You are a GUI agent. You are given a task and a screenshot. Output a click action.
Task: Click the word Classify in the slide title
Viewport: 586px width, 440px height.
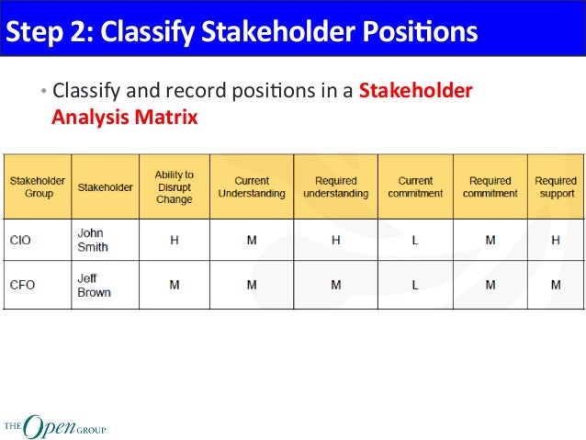click(143, 32)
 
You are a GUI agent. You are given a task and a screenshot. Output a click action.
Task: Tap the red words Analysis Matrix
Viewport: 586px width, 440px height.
click(124, 118)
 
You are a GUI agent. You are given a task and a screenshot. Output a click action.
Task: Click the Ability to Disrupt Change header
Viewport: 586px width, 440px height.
click(174, 187)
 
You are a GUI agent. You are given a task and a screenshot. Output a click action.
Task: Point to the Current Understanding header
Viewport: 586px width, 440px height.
click(251, 187)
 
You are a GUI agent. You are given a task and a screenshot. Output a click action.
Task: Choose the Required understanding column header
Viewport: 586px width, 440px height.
click(335, 187)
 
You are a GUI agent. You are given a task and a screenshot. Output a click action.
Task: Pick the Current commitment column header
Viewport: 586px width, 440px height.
click(415, 187)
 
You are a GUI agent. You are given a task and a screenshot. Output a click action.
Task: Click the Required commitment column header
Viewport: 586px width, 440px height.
click(490, 187)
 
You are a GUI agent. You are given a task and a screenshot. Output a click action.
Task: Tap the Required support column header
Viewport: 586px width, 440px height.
click(556, 187)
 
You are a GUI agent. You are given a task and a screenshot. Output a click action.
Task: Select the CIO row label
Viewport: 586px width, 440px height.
click(21, 240)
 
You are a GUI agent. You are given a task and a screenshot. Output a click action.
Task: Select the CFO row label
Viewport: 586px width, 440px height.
click(22, 285)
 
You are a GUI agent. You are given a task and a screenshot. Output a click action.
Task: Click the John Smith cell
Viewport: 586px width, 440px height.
click(92, 240)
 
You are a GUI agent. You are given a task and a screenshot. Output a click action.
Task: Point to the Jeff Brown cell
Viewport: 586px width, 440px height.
click(94, 285)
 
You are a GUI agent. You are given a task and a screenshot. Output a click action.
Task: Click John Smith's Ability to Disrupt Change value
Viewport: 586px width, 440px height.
click(174, 240)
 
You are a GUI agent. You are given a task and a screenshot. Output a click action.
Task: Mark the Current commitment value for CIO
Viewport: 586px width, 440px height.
click(415, 240)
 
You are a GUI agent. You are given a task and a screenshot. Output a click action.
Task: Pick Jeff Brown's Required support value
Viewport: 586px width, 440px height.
click(556, 285)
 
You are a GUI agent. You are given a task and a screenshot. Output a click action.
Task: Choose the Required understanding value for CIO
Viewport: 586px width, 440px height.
click(335, 240)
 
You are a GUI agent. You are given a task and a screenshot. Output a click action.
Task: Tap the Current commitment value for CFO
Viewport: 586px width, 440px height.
click(415, 285)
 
